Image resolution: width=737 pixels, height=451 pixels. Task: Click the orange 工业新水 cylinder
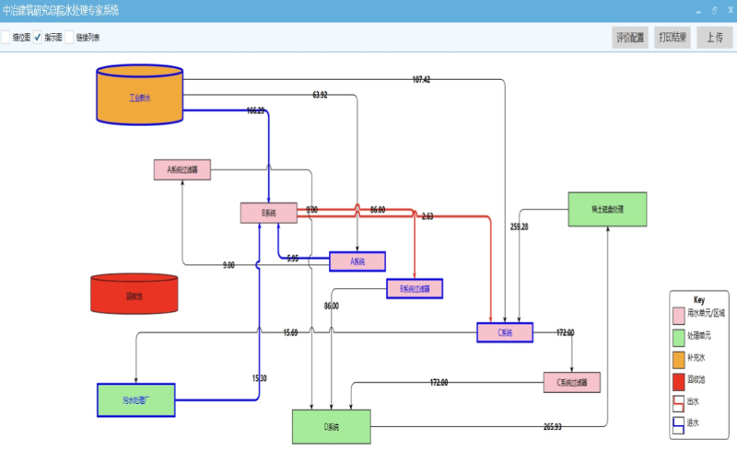click(x=140, y=95)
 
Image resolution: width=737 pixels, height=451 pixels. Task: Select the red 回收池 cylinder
click(x=134, y=295)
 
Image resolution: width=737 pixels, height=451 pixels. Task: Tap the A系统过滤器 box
click(x=182, y=170)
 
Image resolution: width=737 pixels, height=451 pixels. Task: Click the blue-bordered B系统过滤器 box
click(x=415, y=289)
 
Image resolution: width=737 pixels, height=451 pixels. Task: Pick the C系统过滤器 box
click(x=572, y=382)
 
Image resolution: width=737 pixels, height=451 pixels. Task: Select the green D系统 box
click(x=332, y=427)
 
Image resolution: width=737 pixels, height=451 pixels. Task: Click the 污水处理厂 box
click(x=136, y=400)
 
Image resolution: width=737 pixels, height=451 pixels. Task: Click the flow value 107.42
click(x=421, y=80)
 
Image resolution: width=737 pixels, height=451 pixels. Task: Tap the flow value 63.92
click(x=320, y=95)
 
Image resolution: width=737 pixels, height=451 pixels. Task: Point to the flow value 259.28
click(x=519, y=226)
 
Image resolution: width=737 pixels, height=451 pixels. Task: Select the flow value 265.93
click(x=553, y=427)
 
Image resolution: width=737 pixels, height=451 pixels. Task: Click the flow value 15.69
click(x=290, y=332)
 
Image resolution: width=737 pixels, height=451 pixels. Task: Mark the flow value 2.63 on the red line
click(x=427, y=216)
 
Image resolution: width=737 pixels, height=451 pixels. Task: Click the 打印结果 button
click(x=673, y=38)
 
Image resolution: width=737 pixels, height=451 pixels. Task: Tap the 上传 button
click(x=715, y=38)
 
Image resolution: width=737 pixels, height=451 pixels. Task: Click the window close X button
click(x=730, y=9)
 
